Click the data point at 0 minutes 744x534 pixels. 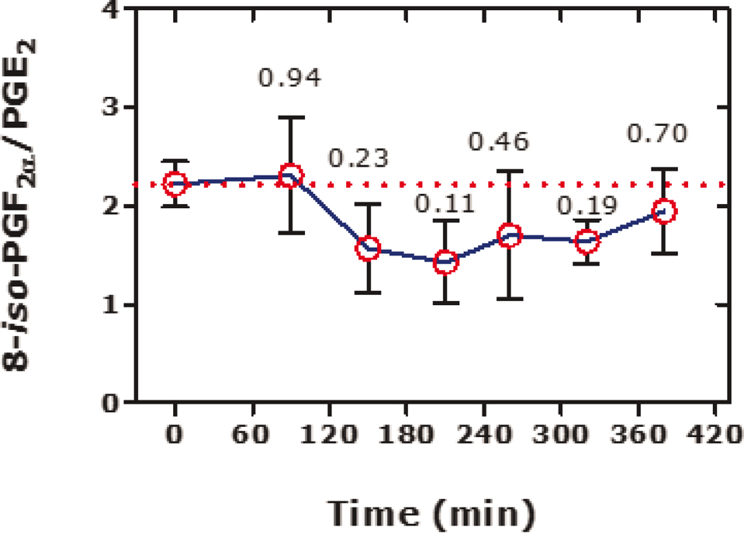(x=175, y=184)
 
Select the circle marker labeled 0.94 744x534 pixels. (x=290, y=175)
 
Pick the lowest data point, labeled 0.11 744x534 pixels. (x=445, y=262)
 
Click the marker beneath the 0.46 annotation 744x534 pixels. (x=510, y=236)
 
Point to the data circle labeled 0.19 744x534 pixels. (x=587, y=241)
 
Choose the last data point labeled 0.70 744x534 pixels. (x=664, y=211)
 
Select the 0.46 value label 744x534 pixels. (x=499, y=142)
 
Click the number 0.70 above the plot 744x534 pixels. (x=656, y=134)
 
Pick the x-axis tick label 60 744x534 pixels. (x=252, y=436)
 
